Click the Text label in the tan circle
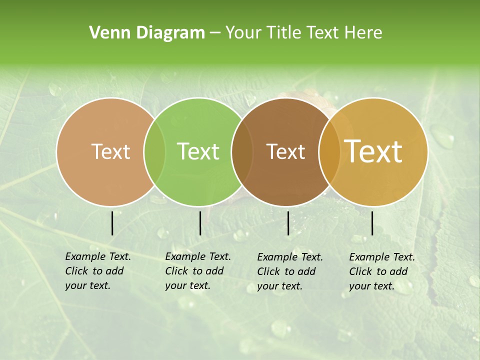tap(110, 151)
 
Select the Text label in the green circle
tap(198, 151)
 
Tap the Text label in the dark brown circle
tap(285, 151)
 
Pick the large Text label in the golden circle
tap(373, 151)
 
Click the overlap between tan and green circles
tap(154, 151)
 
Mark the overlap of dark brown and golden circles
tap(329, 151)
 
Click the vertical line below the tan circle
tap(112, 223)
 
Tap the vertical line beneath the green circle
tap(200, 223)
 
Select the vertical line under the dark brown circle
tap(288, 223)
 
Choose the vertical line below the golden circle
tap(372, 223)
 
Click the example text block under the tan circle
tap(98, 271)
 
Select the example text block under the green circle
tap(198, 271)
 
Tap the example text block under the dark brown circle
tap(290, 271)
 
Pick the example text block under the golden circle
tap(382, 271)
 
